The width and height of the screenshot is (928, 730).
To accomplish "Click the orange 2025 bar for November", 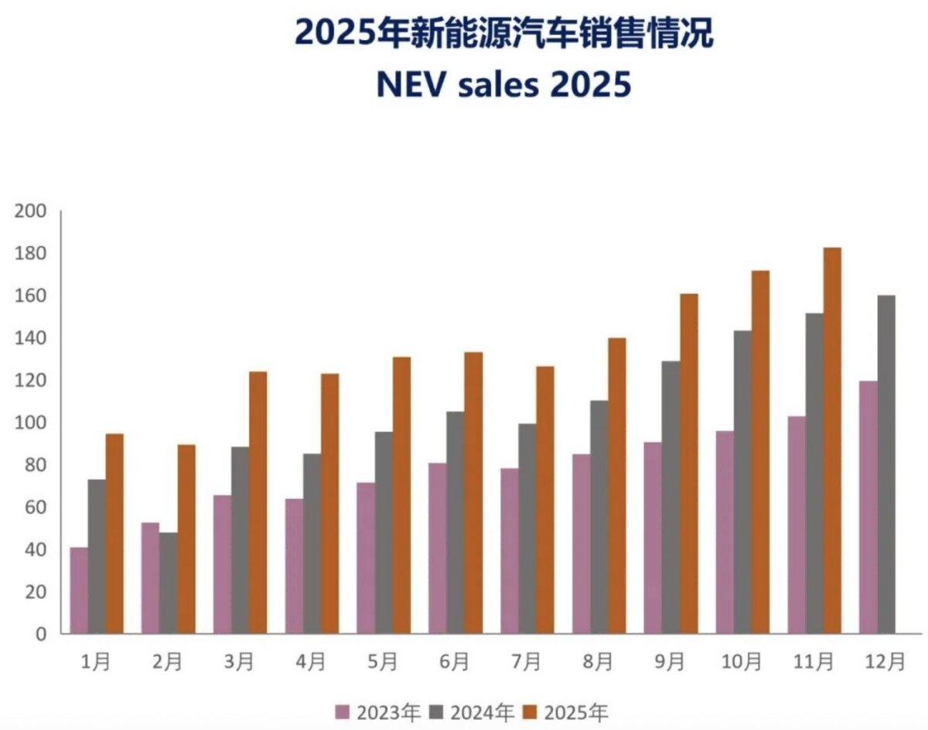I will pyautogui.click(x=832, y=441).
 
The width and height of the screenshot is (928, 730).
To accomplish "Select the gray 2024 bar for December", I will pyautogui.click(x=886, y=464).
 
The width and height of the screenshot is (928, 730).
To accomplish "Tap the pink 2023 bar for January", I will pyautogui.click(x=79, y=591).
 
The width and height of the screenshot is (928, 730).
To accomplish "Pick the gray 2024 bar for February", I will pyautogui.click(x=169, y=583).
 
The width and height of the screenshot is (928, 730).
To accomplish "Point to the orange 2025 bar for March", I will pyautogui.click(x=258, y=503).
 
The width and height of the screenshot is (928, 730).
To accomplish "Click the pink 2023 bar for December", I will pyautogui.click(x=868, y=508).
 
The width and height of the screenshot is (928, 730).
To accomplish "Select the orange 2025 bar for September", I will pyautogui.click(x=688, y=464).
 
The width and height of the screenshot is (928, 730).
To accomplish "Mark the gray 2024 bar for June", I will pyautogui.click(x=455, y=523).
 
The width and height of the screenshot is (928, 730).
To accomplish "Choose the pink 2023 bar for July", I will pyautogui.click(x=509, y=551).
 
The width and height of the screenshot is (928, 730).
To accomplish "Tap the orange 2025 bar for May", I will pyautogui.click(x=401, y=495).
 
